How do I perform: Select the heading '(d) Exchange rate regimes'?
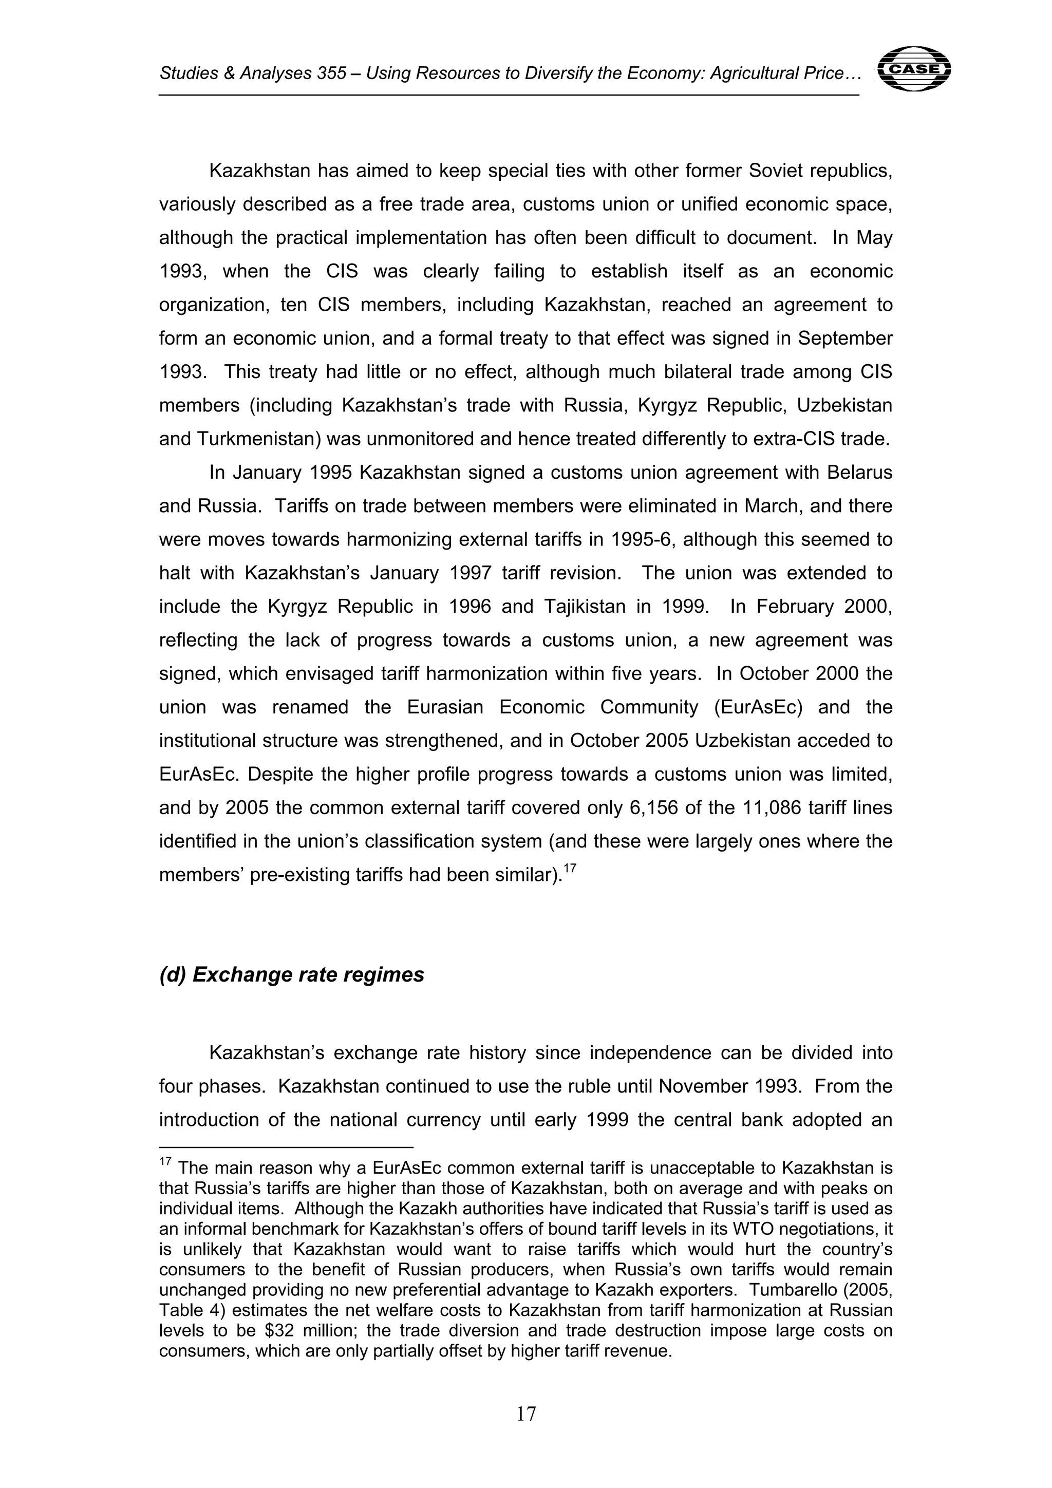coord(292,974)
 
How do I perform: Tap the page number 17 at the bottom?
coord(525,1414)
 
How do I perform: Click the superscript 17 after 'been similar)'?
coord(570,869)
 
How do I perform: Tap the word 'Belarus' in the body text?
coord(859,473)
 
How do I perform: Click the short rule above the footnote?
coord(286,1147)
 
